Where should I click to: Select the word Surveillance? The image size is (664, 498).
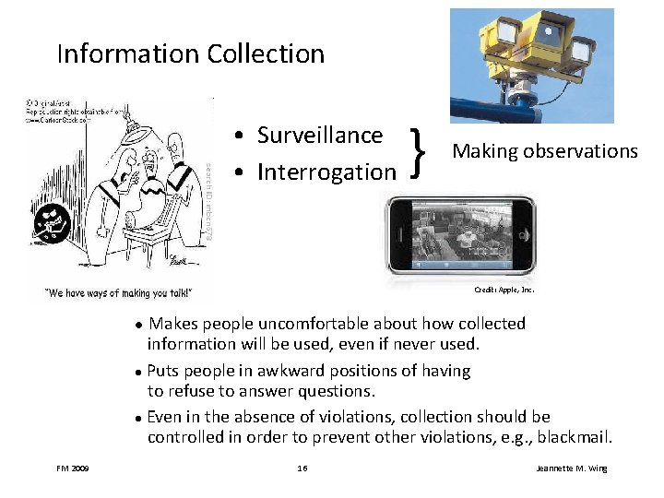pyautogui.click(x=319, y=136)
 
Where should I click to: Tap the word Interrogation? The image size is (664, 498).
pyautogui.click(x=326, y=172)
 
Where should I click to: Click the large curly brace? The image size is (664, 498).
pyautogui.click(x=420, y=152)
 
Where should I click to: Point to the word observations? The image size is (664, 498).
pyautogui.click(x=585, y=151)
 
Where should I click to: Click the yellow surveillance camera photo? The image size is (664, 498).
pyautogui.click(x=531, y=65)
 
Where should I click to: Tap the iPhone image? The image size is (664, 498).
pyautogui.click(x=460, y=235)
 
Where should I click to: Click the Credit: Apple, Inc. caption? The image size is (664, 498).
pyautogui.click(x=504, y=290)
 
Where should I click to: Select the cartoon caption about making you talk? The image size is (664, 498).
pyautogui.click(x=120, y=293)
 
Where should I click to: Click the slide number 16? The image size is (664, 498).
pyautogui.click(x=302, y=468)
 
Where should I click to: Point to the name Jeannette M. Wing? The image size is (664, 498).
pyautogui.click(x=572, y=468)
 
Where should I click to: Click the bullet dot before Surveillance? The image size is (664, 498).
pyautogui.click(x=239, y=136)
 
